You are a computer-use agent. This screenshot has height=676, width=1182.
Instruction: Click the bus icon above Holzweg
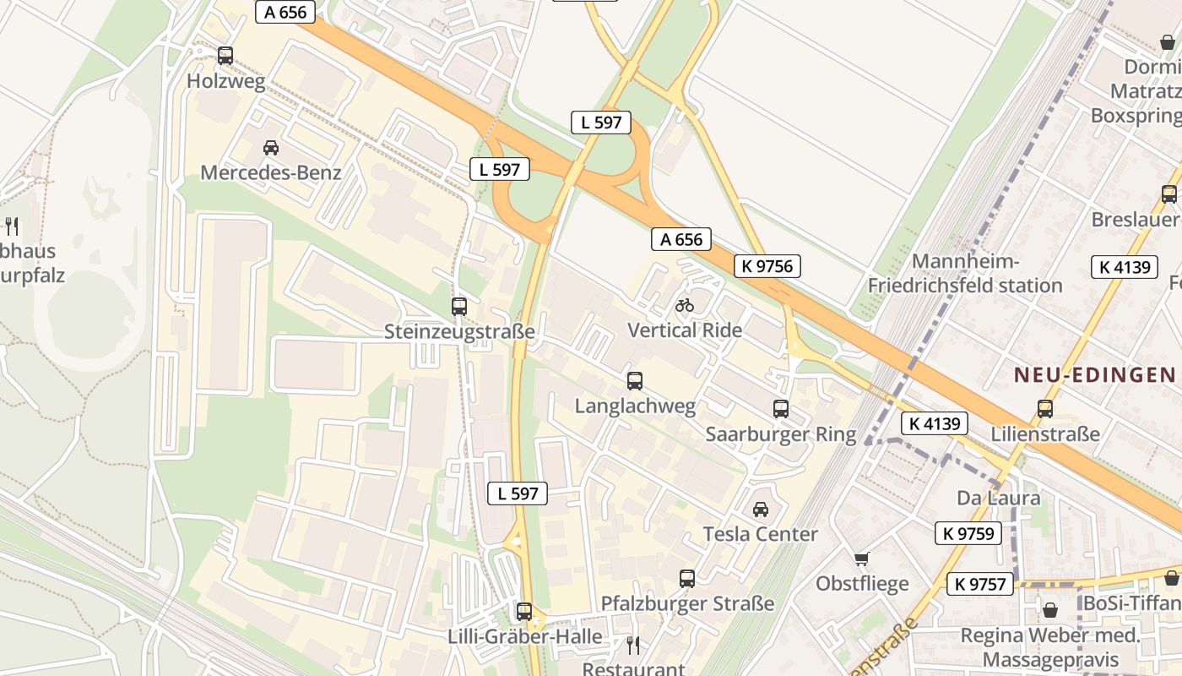(225, 56)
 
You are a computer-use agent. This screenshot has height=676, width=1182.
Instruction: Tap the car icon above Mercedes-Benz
(270, 148)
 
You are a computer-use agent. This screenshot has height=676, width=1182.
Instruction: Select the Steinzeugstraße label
(459, 331)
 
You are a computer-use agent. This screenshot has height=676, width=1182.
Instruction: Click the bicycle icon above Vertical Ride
(685, 305)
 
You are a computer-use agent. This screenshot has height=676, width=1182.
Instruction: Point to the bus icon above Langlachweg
(634, 381)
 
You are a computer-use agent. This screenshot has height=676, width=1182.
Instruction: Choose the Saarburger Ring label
(780, 434)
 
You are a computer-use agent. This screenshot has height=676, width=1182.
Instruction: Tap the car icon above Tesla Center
(760, 510)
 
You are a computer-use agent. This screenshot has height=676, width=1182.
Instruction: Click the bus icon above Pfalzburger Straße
(687, 579)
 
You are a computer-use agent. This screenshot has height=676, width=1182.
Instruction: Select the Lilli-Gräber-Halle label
(525, 636)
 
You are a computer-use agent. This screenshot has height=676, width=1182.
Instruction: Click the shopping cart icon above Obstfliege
(861, 559)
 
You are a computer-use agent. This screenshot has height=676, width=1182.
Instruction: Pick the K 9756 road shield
(767, 266)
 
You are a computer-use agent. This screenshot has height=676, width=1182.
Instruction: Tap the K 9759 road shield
(968, 533)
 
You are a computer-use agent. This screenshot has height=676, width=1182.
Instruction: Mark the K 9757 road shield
(980, 584)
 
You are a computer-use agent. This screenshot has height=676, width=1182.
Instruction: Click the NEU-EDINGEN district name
(1094, 374)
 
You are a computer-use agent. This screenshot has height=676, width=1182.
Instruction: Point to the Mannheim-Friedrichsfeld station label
(965, 273)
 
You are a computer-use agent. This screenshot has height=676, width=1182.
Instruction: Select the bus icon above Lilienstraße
(1044, 409)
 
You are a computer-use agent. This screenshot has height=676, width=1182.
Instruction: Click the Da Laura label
(998, 497)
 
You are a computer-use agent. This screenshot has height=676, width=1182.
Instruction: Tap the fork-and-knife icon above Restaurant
(633, 646)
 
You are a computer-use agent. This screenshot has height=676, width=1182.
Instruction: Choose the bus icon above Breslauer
(1168, 194)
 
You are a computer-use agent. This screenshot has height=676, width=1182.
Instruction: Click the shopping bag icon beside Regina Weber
(1050, 609)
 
